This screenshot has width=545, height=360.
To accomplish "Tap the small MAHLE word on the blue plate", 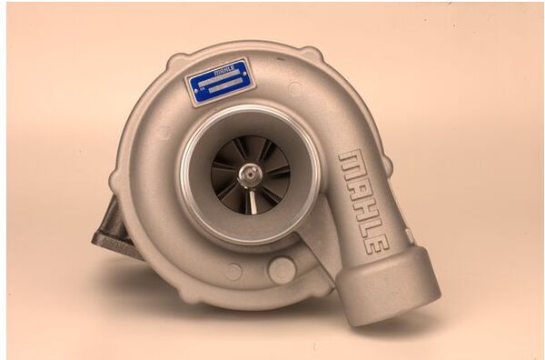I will (223, 67).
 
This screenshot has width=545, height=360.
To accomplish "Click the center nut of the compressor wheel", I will (248, 173).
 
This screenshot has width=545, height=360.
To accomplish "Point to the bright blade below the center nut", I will (253, 199).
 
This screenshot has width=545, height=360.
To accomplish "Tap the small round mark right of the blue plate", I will (294, 88).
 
